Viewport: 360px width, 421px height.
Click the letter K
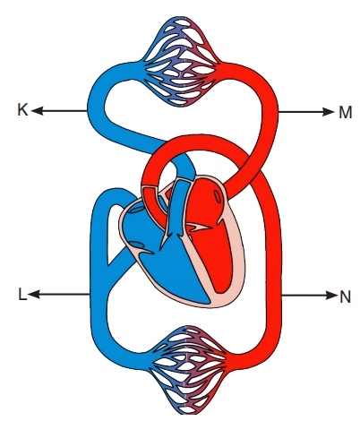[22, 110]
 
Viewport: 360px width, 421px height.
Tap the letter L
[22, 294]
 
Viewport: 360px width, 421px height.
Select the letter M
[346, 113]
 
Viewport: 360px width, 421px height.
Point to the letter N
[345, 296]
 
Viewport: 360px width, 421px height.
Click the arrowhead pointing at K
[37, 111]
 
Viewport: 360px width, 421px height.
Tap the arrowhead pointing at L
[34, 295]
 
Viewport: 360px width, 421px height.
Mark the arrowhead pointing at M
[328, 112]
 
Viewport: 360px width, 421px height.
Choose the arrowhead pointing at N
[331, 296]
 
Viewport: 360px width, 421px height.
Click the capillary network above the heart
[181, 62]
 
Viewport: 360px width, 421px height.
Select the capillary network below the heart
[188, 370]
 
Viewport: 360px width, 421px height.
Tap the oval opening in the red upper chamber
[219, 197]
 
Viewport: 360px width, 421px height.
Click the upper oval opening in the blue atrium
[135, 209]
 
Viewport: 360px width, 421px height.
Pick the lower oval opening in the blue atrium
[138, 245]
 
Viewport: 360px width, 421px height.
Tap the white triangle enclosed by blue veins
[115, 233]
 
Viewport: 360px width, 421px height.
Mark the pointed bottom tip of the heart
[210, 306]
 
